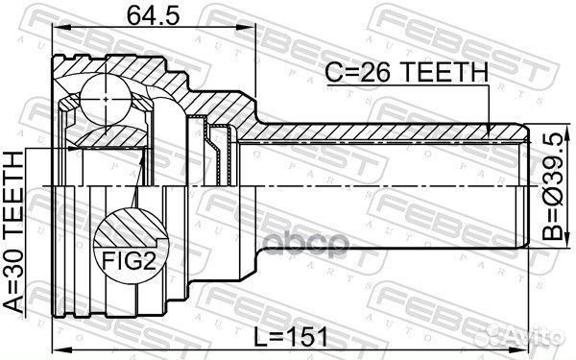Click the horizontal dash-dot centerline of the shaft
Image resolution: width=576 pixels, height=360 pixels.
pyautogui.click(x=384, y=183)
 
